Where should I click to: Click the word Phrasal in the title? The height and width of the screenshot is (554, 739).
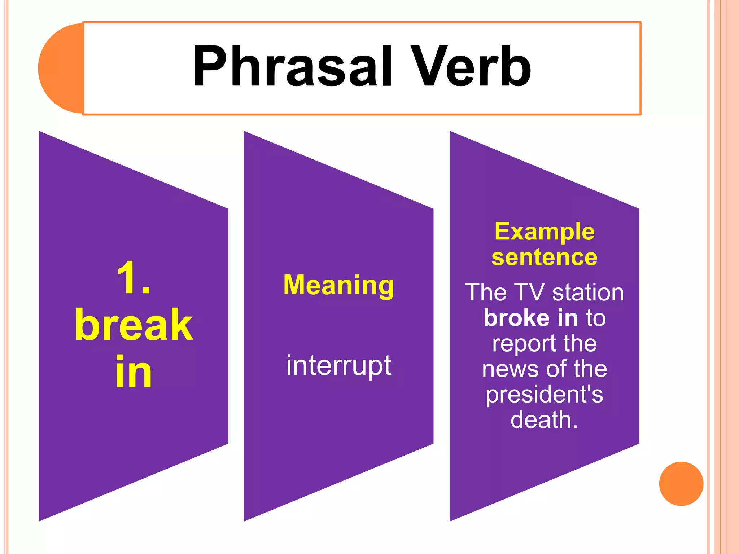click(292, 67)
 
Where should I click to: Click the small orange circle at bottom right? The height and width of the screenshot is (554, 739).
click(681, 484)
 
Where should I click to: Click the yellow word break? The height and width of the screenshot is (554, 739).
click(134, 325)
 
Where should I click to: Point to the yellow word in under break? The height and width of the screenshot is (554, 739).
click(134, 371)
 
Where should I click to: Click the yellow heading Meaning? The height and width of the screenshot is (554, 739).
click(338, 285)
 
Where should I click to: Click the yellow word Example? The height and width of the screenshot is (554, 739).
click(544, 232)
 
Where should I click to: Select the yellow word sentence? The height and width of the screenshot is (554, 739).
click(544, 258)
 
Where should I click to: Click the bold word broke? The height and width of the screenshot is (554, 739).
click(516, 318)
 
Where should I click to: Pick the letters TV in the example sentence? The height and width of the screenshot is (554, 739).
click(529, 292)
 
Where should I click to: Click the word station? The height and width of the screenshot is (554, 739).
click(588, 292)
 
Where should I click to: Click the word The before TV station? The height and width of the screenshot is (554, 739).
click(486, 292)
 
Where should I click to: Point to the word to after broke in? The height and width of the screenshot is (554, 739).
click(596, 318)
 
